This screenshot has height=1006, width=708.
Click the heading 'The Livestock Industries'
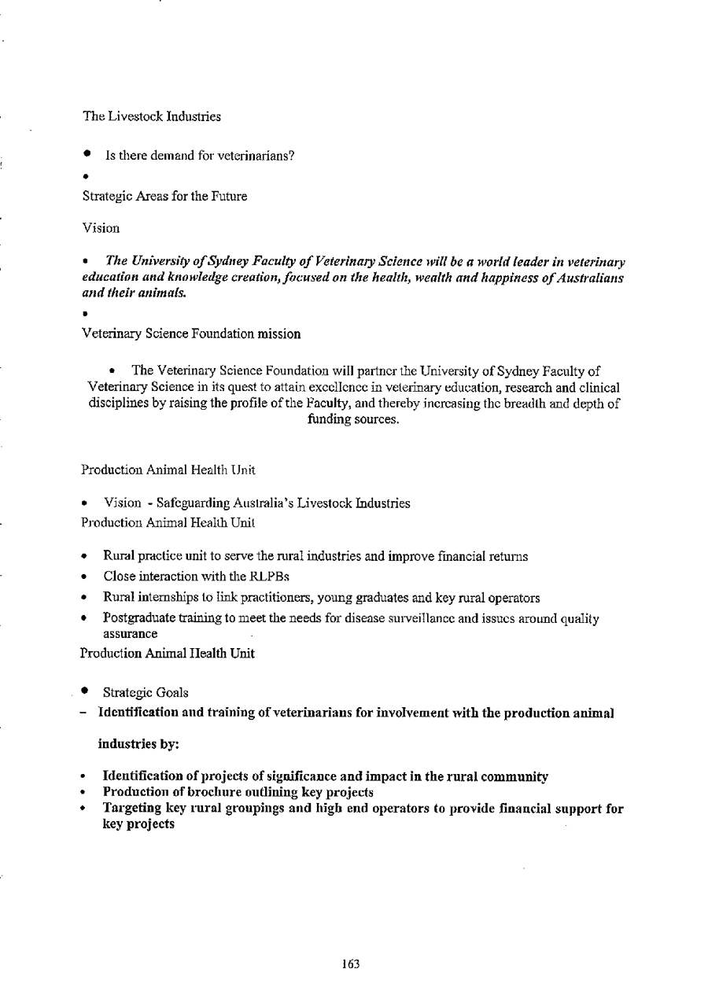tap(152, 116)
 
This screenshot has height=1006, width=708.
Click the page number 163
tap(351, 964)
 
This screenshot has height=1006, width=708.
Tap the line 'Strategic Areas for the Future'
tap(164, 197)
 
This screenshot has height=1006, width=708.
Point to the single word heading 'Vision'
tap(100, 228)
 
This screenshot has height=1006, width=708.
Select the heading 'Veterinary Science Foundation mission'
tap(190, 333)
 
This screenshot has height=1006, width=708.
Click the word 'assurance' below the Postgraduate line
tap(131, 633)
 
